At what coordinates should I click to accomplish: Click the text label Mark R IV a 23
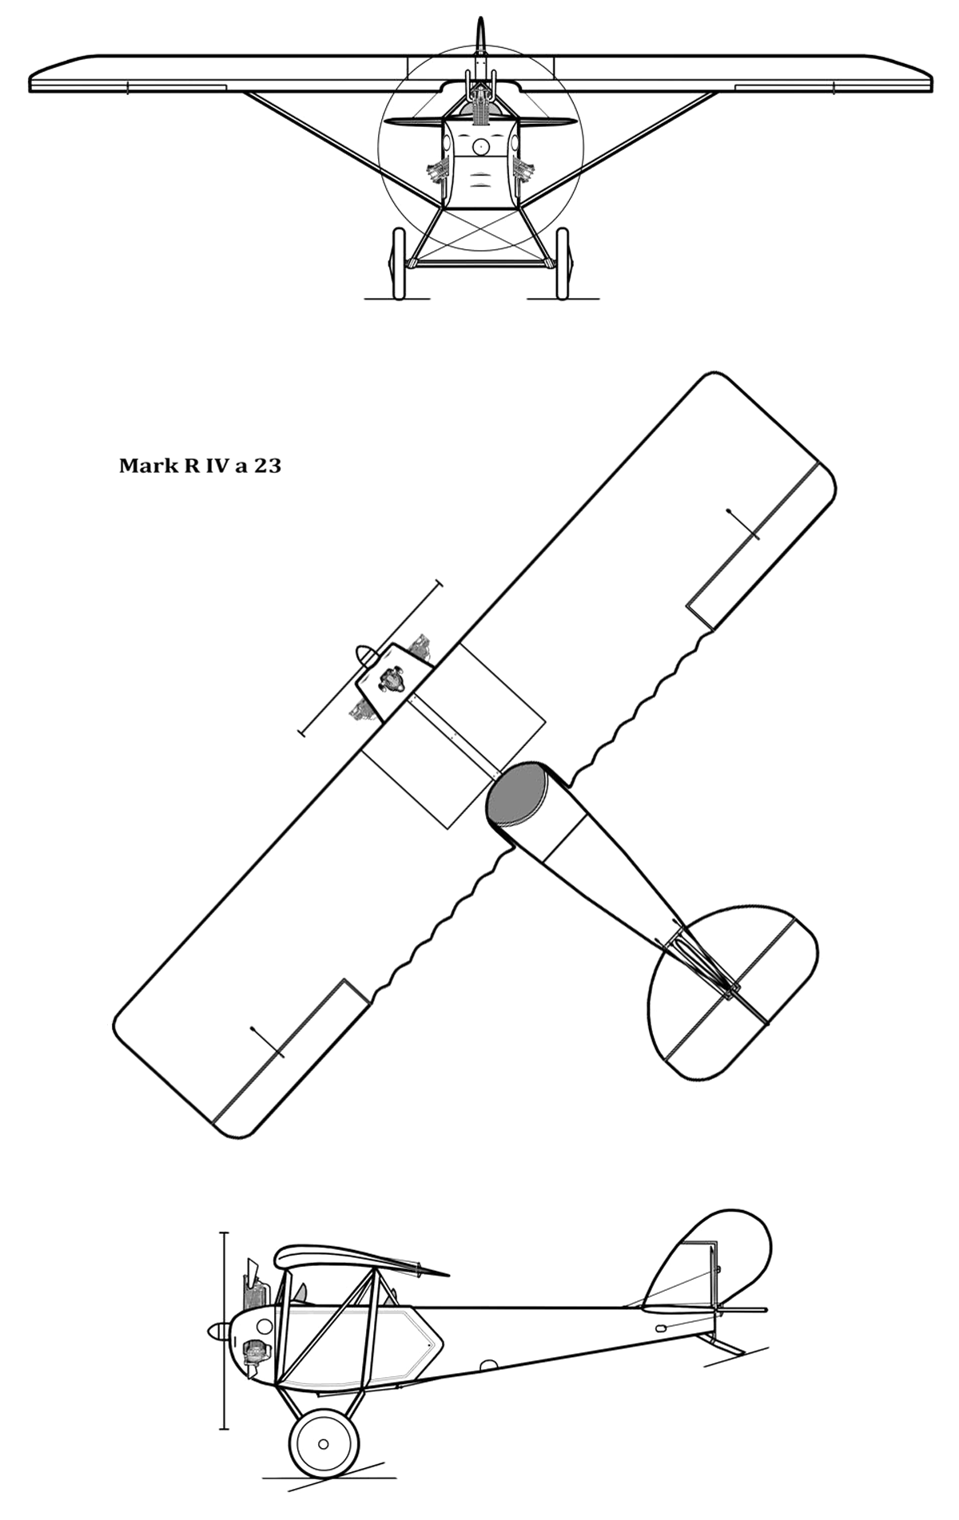(x=200, y=466)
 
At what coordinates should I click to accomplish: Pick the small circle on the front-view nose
(x=480, y=146)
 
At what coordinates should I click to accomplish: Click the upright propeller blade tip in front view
(x=480, y=19)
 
